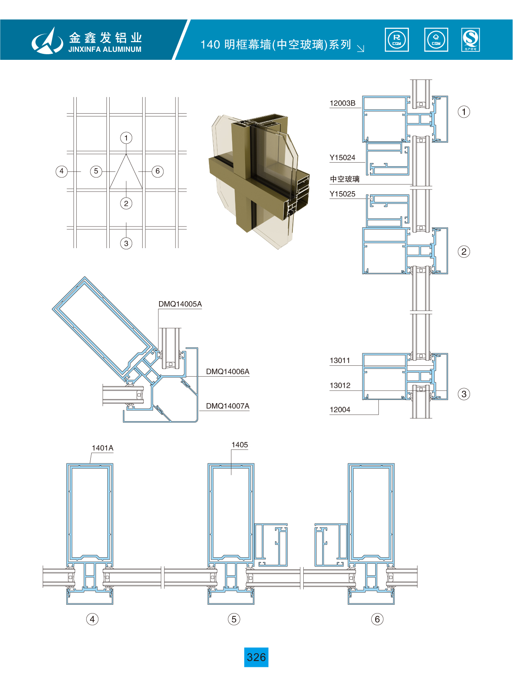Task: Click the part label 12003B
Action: (x=342, y=103)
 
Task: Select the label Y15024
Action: (x=342, y=158)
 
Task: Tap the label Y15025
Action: (x=342, y=194)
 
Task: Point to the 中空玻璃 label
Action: (x=345, y=179)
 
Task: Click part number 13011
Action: (x=340, y=361)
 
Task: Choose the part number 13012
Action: (x=340, y=385)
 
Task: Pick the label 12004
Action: (x=340, y=410)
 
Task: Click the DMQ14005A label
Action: (x=180, y=304)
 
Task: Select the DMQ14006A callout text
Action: (x=227, y=371)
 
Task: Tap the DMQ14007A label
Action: (x=227, y=406)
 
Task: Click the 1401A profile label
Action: (x=102, y=448)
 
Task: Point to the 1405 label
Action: (x=239, y=445)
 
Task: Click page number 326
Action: (x=256, y=657)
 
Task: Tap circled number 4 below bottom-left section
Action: (x=92, y=619)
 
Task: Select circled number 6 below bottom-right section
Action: (x=377, y=619)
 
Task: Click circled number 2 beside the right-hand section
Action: (x=464, y=252)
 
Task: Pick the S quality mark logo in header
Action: (x=470, y=40)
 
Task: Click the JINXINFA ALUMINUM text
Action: (x=105, y=49)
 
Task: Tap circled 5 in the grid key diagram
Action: (x=96, y=171)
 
